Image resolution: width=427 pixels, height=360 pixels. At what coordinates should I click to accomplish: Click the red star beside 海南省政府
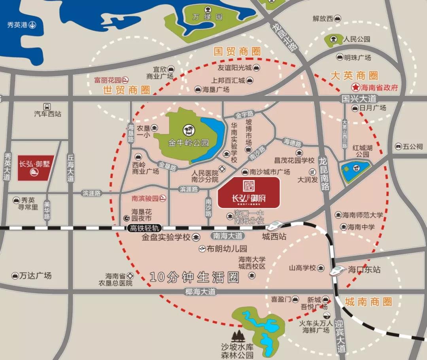pyautogui.click(x=355, y=87)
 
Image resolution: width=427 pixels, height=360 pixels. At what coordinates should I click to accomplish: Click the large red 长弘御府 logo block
pyautogui.click(x=249, y=192)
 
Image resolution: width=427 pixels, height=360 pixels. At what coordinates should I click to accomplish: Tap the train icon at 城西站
pyautogui.click(x=274, y=226)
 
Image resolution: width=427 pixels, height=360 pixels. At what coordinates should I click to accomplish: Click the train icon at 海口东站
pyautogui.click(x=337, y=270)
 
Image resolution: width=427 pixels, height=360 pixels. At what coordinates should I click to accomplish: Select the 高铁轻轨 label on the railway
pyautogui.click(x=145, y=228)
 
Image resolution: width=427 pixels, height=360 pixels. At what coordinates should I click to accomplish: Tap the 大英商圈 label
pyautogui.click(x=354, y=76)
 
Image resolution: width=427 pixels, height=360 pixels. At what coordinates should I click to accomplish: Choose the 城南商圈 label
pyautogui.click(x=368, y=302)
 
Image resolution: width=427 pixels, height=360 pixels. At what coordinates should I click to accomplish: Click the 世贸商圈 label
pyautogui.click(x=127, y=90)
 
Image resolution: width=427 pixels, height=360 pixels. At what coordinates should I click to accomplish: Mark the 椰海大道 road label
pyautogui.click(x=201, y=292)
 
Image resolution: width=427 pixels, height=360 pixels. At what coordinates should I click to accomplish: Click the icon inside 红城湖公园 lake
pyautogui.click(x=356, y=168)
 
